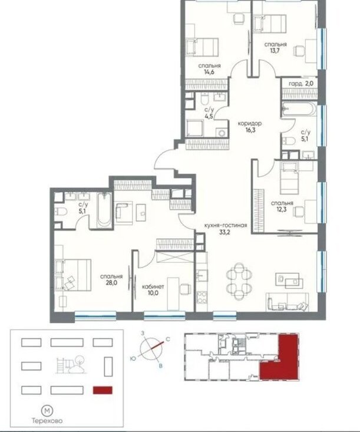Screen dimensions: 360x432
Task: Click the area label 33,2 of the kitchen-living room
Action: click(224, 232)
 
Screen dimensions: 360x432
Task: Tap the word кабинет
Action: click(153, 287)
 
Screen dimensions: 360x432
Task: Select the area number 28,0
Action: click(111, 282)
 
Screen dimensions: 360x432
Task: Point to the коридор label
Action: click(250, 124)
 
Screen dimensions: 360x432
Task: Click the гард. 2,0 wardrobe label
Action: click(301, 84)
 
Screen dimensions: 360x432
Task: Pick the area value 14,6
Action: click(209, 72)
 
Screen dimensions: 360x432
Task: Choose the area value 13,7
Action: click(275, 51)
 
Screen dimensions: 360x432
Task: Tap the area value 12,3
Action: click(282, 209)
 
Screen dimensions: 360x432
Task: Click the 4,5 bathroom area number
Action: click(209, 116)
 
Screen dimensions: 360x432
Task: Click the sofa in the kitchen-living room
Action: click(288, 302)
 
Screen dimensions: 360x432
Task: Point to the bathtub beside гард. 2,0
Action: click(299, 110)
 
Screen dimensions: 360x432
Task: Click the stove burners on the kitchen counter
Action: click(202, 297)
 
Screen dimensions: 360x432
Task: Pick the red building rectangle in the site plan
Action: click(103, 390)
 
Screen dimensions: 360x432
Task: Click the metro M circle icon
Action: click(47, 411)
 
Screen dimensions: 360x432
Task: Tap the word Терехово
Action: click(47, 421)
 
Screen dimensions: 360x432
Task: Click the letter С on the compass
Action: click(167, 339)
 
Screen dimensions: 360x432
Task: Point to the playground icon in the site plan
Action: click(71, 365)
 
